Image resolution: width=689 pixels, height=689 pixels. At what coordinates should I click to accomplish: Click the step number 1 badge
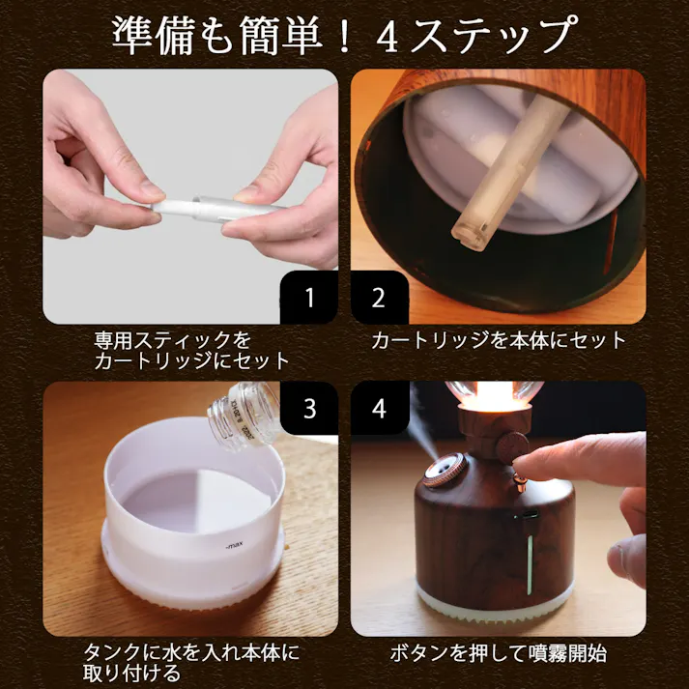tap(309, 298)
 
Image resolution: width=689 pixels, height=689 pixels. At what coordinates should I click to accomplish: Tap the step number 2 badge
tap(379, 298)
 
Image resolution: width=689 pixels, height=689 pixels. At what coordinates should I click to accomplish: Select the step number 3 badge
tap(309, 408)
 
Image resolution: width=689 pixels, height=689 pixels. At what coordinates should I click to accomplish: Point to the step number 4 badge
tap(379, 408)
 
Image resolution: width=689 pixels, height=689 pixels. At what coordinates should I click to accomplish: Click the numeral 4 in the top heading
tap(388, 37)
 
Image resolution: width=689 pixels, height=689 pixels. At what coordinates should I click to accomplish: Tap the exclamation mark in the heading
tap(345, 37)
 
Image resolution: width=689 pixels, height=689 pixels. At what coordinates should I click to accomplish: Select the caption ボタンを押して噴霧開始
tap(499, 653)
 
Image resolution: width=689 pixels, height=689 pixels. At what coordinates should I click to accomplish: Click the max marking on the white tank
tap(234, 546)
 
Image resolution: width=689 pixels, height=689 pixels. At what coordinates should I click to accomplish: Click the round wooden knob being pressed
tap(511, 448)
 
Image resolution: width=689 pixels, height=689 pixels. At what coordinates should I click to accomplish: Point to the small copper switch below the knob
tap(519, 482)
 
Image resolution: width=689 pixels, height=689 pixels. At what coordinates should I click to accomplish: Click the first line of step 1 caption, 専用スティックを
tap(173, 340)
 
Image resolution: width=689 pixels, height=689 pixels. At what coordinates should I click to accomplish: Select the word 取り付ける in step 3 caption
tap(131, 674)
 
